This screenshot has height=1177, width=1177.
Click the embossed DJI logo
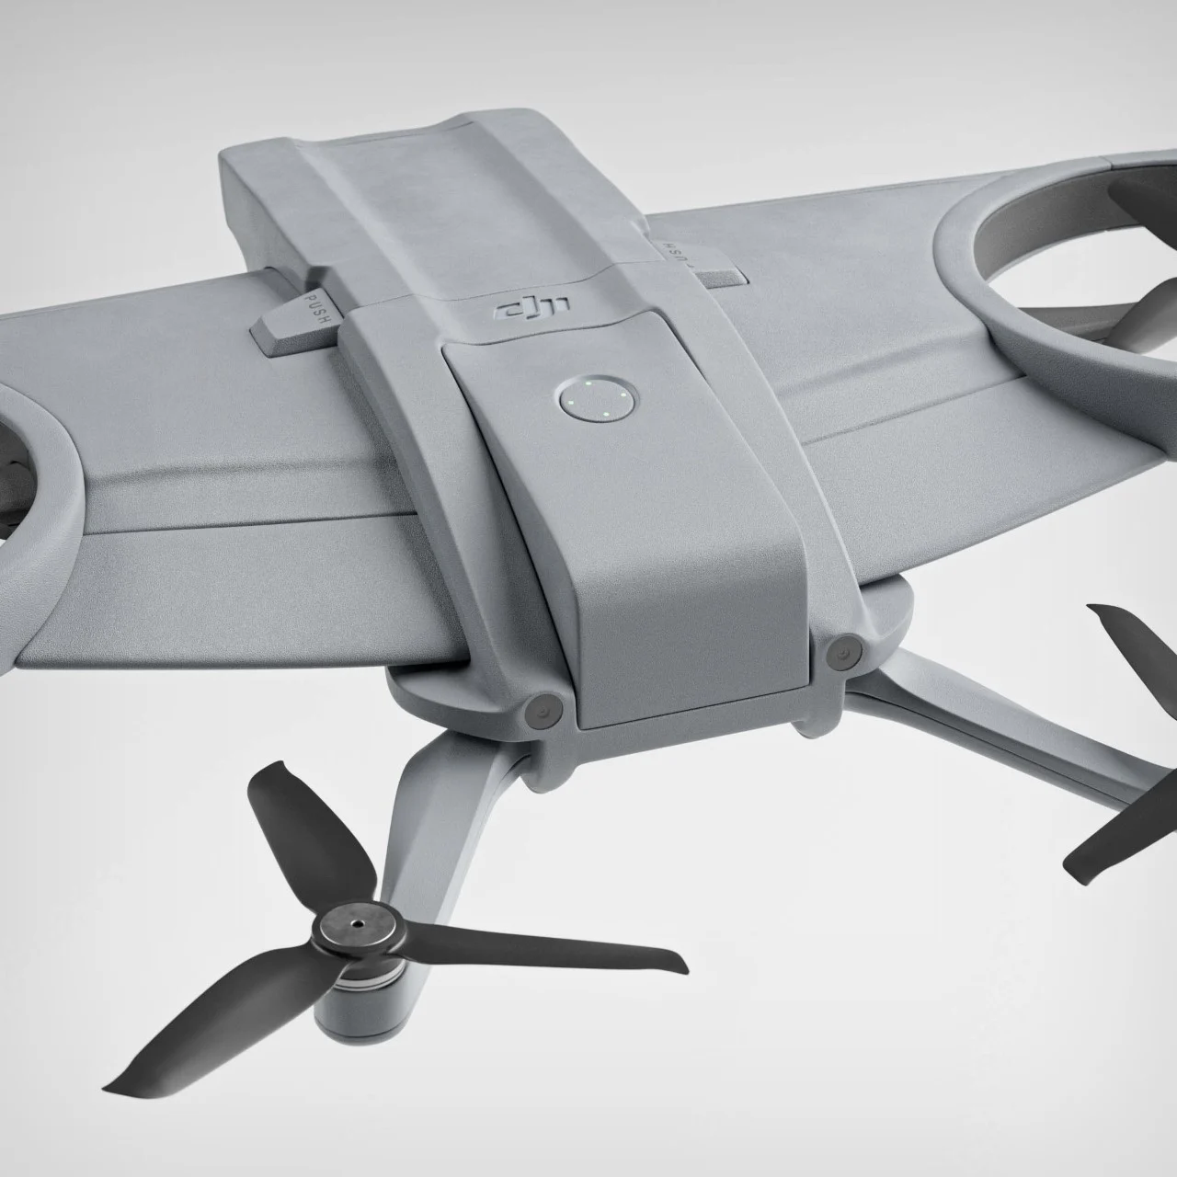[532, 309]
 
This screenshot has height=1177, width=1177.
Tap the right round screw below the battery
[839, 651]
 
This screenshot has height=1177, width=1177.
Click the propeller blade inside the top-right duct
[1140, 313]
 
